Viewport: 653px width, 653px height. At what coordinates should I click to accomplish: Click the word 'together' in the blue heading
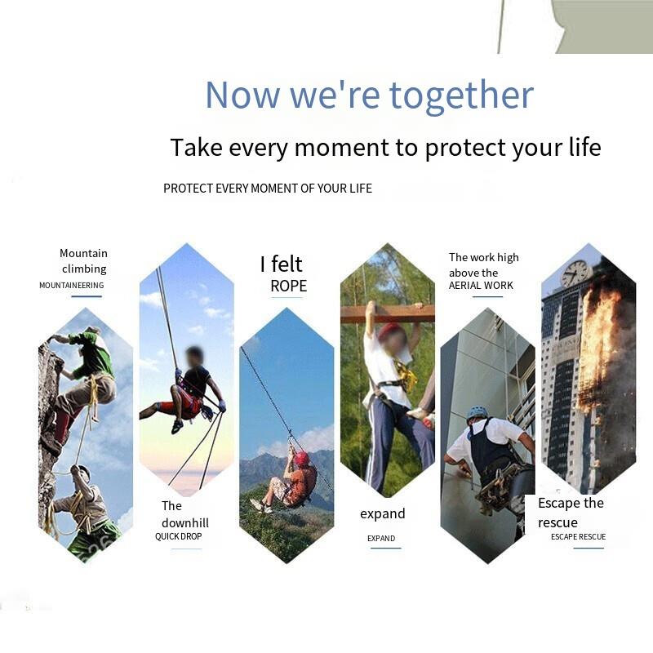pyautogui.click(x=461, y=96)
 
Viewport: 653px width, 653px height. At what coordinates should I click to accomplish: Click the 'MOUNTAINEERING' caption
pyautogui.click(x=72, y=285)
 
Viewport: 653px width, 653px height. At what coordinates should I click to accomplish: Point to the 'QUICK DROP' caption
pyautogui.click(x=178, y=536)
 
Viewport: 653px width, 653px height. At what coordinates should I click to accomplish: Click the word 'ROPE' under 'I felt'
pyautogui.click(x=289, y=287)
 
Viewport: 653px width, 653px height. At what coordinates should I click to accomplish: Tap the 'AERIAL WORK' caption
pyautogui.click(x=481, y=285)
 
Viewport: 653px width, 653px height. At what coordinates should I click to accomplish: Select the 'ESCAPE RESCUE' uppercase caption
pyautogui.click(x=579, y=537)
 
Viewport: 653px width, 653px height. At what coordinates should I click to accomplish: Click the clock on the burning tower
pyautogui.click(x=576, y=273)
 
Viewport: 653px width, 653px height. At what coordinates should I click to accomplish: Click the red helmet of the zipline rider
pyautogui.click(x=301, y=458)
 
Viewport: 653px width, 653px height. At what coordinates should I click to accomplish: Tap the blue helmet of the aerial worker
pyautogui.click(x=477, y=413)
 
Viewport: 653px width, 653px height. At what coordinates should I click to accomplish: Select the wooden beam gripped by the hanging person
pyautogui.click(x=388, y=314)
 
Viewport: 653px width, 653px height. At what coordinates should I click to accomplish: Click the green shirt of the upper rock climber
pyautogui.click(x=94, y=351)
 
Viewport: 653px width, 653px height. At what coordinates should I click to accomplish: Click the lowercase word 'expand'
pyautogui.click(x=382, y=514)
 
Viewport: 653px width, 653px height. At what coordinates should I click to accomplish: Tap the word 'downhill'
pyautogui.click(x=185, y=522)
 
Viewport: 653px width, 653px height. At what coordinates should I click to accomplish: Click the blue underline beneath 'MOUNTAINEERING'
pyautogui.click(x=87, y=296)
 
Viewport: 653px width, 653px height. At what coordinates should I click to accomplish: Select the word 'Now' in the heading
pyautogui.click(x=242, y=95)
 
